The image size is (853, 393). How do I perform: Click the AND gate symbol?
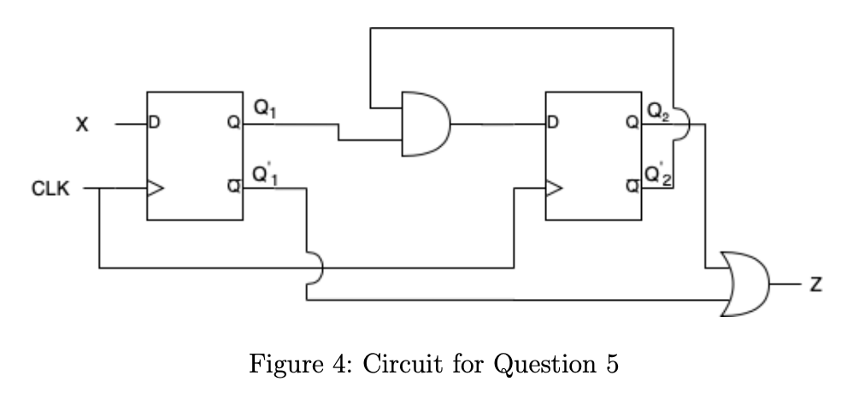[x=427, y=124]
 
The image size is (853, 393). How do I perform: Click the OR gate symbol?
[x=744, y=284]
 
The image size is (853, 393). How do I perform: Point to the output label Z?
[x=815, y=284]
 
